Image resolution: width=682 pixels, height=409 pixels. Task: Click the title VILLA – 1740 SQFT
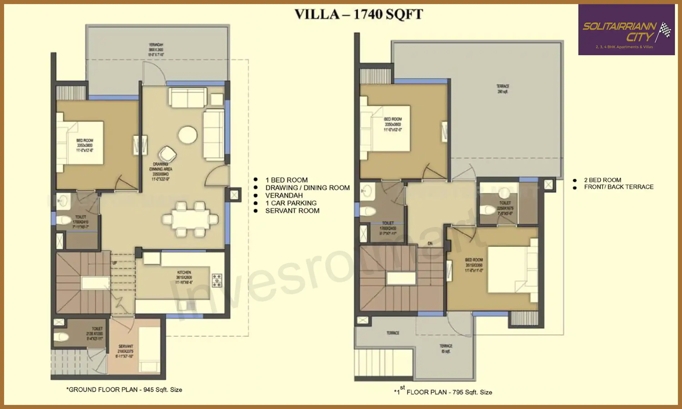pyautogui.click(x=359, y=14)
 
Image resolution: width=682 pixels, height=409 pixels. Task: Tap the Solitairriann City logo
pyautogui.click(x=626, y=30)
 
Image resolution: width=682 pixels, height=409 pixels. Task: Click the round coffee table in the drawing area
pyautogui.click(x=188, y=135)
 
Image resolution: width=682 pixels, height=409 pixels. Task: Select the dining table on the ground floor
pyautogui.click(x=190, y=219)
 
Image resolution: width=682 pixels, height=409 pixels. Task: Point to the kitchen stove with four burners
pyautogui.click(x=217, y=280)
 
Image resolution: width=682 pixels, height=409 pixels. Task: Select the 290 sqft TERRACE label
pyautogui.click(x=503, y=89)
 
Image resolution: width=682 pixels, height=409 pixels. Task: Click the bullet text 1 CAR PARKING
pyautogui.click(x=291, y=203)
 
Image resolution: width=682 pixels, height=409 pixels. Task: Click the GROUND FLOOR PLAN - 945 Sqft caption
pyautogui.click(x=124, y=390)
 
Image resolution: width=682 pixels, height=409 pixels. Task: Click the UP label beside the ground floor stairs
pyautogui.click(x=115, y=263)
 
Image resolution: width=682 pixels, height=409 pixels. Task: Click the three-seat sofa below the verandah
pyautogui.click(x=188, y=97)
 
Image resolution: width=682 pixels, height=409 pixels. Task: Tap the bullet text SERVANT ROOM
pyautogui.click(x=292, y=211)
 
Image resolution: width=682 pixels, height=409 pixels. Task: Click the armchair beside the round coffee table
pyautogui.click(x=167, y=154)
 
